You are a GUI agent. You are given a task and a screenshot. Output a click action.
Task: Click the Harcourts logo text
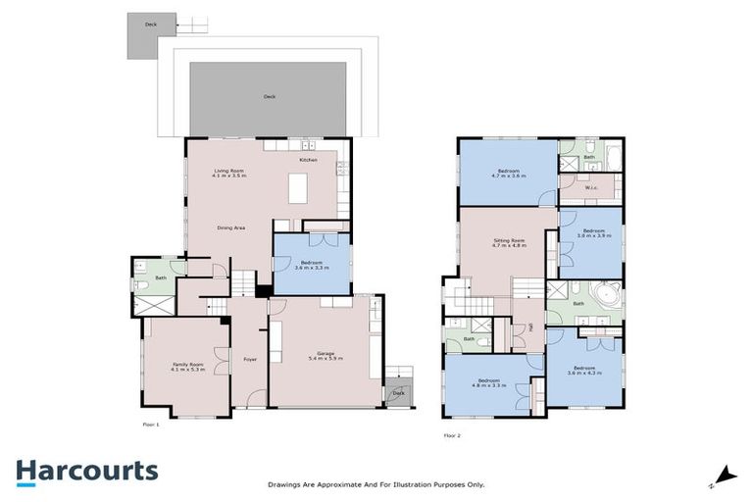tap(86, 471)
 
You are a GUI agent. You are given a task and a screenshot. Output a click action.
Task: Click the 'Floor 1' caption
tap(150, 425)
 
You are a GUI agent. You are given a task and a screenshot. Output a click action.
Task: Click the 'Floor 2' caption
tap(452, 431)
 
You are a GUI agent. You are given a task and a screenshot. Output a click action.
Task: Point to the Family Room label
tap(185, 365)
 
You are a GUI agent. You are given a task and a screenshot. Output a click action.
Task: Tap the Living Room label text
tap(230, 172)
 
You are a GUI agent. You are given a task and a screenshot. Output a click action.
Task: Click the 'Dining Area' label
tap(230, 227)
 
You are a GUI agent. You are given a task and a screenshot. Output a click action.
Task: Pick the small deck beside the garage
tap(397, 391)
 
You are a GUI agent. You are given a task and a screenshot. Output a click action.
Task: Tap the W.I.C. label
tap(590, 188)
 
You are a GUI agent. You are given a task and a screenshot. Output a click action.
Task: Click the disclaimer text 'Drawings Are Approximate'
tap(376, 484)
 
